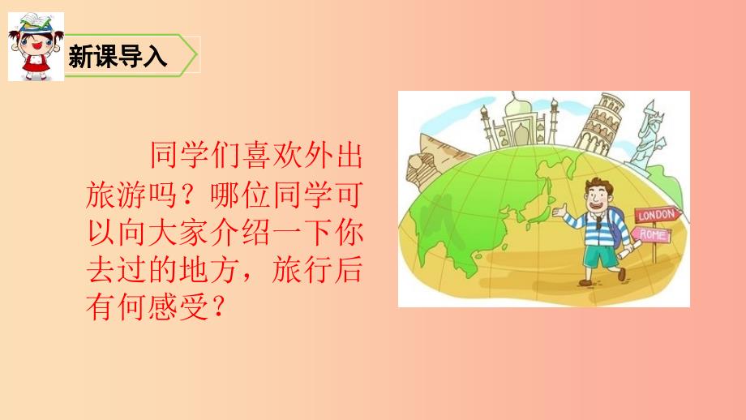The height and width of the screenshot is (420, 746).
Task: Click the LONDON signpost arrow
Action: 658,216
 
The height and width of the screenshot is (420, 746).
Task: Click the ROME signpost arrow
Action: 650,235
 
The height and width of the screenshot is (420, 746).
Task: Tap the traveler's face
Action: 598,196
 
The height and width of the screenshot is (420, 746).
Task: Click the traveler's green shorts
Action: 602,257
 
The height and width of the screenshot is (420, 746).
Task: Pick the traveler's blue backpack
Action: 617,229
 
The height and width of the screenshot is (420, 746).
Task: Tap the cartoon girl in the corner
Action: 36,47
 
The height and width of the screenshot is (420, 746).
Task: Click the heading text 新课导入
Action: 117,56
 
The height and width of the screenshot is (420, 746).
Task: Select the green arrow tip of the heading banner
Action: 195,54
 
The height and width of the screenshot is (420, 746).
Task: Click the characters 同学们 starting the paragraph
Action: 195,156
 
